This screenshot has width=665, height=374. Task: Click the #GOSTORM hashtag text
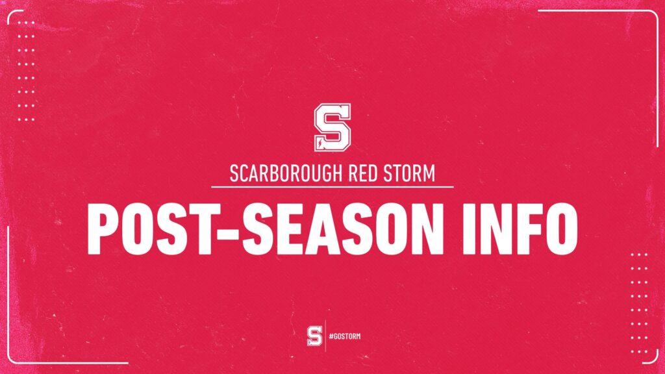[x=345, y=336]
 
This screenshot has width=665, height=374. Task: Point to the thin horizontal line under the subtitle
[x=332, y=187]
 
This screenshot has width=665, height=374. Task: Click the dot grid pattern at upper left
[x=26, y=71]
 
